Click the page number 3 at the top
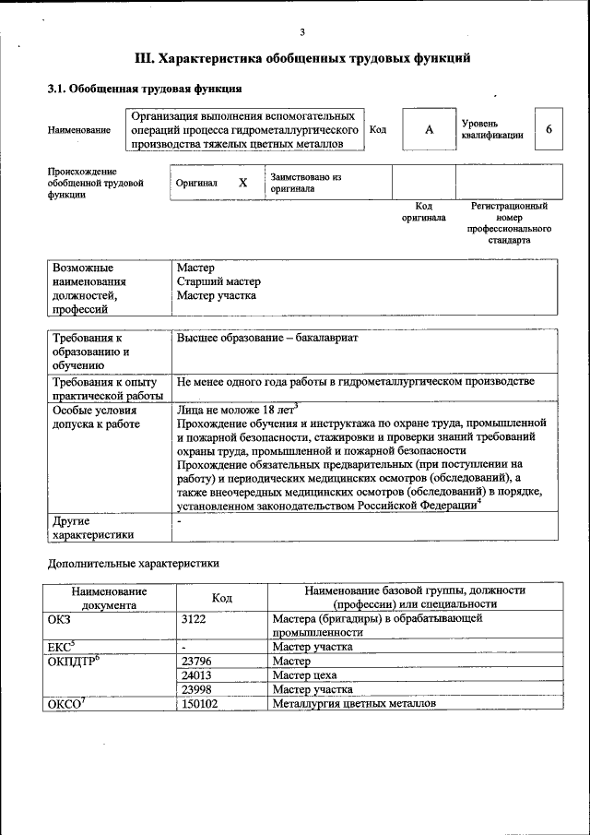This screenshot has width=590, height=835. [301, 33]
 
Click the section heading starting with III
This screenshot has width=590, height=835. [302, 59]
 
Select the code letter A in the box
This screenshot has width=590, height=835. [429, 130]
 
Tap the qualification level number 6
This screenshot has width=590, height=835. [549, 130]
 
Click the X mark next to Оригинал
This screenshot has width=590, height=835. [242, 183]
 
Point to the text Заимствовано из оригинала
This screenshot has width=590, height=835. [306, 183]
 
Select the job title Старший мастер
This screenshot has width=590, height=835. [218, 281]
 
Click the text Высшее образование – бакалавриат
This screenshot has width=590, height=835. [267, 338]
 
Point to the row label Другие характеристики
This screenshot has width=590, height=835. [93, 527]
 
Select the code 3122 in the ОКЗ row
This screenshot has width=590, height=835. [193, 620]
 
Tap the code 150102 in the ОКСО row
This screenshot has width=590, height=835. [200, 703]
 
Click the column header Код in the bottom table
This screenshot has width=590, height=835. [221, 597]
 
